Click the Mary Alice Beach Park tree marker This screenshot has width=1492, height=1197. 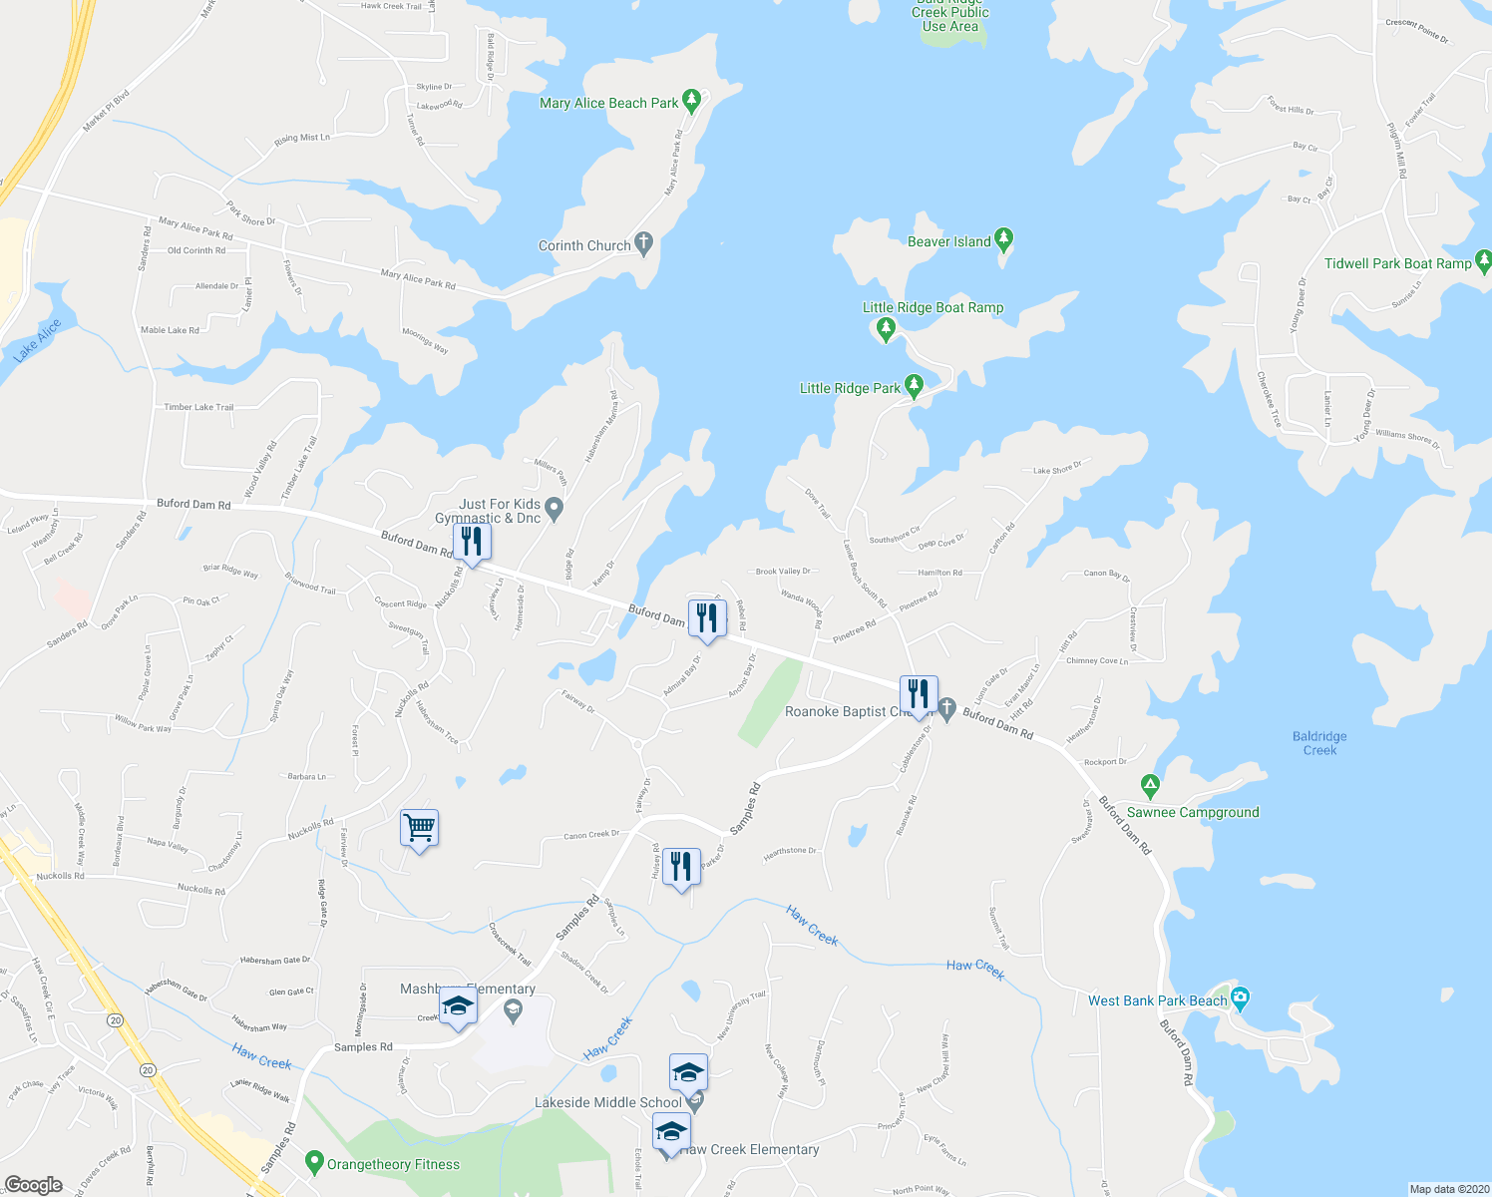(693, 101)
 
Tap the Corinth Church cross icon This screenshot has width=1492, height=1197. (643, 242)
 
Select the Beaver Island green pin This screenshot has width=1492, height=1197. (1004, 239)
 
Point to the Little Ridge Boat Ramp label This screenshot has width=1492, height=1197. (932, 307)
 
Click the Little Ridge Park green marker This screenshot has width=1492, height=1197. (914, 386)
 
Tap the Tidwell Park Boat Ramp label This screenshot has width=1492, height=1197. (1398, 263)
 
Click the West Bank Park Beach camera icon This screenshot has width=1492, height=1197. (1240, 997)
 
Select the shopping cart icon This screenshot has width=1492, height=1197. (419, 827)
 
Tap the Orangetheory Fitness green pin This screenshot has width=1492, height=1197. (314, 1162)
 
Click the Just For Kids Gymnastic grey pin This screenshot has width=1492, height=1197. (556, 510)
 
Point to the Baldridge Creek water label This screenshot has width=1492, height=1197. (1319, 743)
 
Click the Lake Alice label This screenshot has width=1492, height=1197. (38, 339)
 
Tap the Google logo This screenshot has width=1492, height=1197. (33, 1185)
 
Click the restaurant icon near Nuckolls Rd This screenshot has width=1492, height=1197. (472, 542)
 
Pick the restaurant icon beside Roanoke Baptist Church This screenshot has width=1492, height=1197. (919, 693)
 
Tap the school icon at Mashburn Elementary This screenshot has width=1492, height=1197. (458, 1006)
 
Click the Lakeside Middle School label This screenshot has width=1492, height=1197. (608, 1102)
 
